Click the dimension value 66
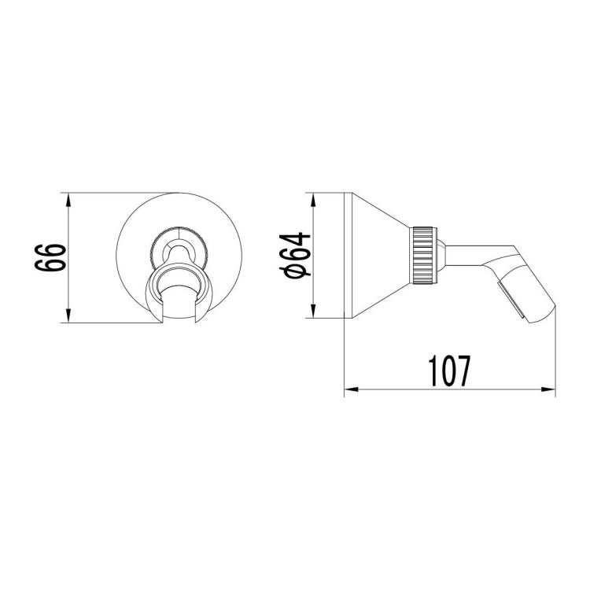coord(50,257)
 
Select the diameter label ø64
coord(295,255)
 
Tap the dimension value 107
coord(449,371)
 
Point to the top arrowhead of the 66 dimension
coord(68,200)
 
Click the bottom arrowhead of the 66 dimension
coord(68,315)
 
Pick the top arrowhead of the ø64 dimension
coord(312,200)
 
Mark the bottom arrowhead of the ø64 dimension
coord(312,312)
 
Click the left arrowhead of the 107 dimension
coord(352,389)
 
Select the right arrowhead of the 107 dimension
coord(548,389)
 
